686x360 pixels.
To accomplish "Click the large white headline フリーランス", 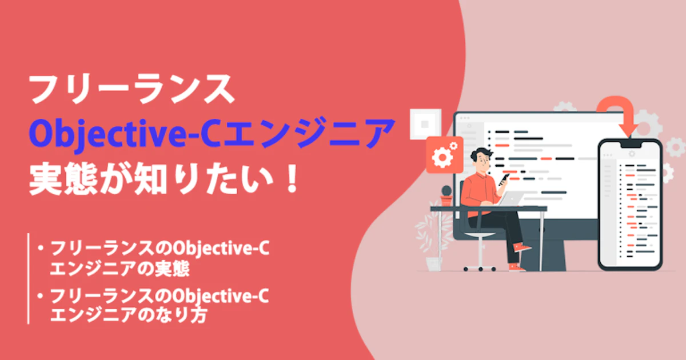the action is pyautogui.click(x=131, y=89).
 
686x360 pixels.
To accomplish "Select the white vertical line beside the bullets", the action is pyautogui.click(x=28, y=279).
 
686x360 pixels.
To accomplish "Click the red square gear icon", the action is pyautogui.click(x=445, y=155).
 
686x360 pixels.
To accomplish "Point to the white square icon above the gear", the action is pyautogui.click(x=425, y=124).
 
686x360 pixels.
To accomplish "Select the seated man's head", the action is pyautogui.click(x=482, y=159).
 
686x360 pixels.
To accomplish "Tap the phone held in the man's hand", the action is pyautogui.click(x=504, y=179).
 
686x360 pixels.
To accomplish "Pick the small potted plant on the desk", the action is pyautogui.click(x=446, y=196).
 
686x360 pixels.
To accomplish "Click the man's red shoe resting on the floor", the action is pyautogui.click(x=517, y=267).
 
